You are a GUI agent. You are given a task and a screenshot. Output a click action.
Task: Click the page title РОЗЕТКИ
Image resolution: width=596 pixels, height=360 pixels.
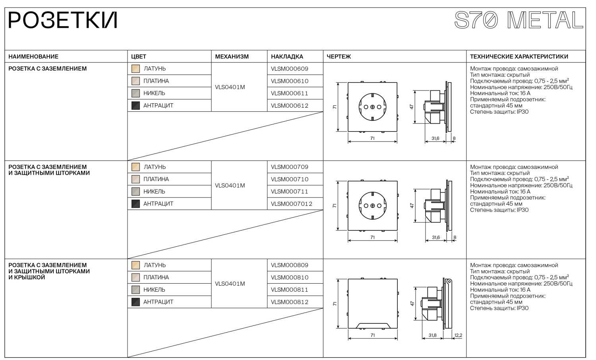click(62, 21)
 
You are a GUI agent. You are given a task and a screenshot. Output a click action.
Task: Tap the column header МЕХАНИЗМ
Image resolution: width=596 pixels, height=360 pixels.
click(232, 56)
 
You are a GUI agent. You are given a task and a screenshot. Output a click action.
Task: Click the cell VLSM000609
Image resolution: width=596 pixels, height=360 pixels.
click(289, 69)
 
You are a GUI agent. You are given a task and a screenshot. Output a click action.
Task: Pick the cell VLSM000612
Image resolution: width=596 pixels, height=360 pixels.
click(289, 106)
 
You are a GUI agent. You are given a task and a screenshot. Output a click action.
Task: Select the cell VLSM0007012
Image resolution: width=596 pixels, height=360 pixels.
click(291, 204)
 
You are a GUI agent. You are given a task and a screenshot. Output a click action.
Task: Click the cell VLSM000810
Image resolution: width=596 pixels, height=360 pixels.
click(289, 277)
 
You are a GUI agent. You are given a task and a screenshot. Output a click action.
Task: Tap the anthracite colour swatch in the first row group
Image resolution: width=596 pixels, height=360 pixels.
click(135, 106)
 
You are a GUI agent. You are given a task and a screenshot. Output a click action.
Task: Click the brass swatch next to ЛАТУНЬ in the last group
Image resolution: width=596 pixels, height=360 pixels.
click(135, 265)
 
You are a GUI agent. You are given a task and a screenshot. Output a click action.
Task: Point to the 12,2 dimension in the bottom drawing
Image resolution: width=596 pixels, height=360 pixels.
click(458, 335)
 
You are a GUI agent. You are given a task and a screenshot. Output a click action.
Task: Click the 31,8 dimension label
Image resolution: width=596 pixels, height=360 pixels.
click(432, 335)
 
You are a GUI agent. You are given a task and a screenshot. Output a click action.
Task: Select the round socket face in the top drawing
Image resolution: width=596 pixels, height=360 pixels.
click(372, 107)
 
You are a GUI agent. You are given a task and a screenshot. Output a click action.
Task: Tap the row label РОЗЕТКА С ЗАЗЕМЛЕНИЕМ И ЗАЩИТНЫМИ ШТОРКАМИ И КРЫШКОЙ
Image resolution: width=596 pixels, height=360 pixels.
click(49, 271)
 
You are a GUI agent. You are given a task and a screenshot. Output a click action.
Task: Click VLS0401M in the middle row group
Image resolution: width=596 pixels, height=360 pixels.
click(230, 186)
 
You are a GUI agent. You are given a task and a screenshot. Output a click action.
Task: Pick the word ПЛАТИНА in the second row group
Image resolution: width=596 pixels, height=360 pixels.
click(156, 179)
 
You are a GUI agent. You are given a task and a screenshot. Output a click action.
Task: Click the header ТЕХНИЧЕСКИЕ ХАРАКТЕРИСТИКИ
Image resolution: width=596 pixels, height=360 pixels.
click(519, 56)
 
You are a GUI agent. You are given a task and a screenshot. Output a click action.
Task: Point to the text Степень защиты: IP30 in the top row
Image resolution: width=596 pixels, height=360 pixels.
click(499, 112)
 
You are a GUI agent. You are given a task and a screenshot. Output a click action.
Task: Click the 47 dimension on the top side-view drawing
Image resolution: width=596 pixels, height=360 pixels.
click(412, 107)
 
